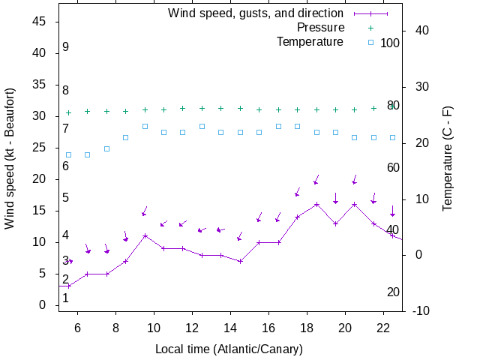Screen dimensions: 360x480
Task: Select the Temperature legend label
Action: point(310,42)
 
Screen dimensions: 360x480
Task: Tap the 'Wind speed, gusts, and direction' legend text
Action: point(255,13)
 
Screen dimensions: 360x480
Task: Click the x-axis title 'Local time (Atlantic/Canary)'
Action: point(229,349)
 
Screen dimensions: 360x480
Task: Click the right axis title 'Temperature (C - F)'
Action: point(447,157)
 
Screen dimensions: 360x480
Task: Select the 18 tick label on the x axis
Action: point(307,328)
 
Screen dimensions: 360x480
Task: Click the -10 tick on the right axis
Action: point(419,310)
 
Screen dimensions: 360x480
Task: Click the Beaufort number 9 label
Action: point(66,47)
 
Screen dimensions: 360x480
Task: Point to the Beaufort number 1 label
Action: point(66,298)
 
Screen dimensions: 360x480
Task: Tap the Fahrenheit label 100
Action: point(390,43)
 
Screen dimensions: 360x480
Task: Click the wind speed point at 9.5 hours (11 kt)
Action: point(145,235)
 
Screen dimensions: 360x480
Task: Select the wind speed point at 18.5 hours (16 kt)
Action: point(316,204)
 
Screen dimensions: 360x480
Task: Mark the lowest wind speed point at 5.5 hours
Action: point(69,286)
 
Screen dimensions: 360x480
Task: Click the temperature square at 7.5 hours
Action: point(106,148)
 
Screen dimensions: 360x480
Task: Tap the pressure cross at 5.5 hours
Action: point(69,112)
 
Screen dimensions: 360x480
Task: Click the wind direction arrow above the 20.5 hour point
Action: point(355,180)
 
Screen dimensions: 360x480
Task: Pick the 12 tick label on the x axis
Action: point(192,328)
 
